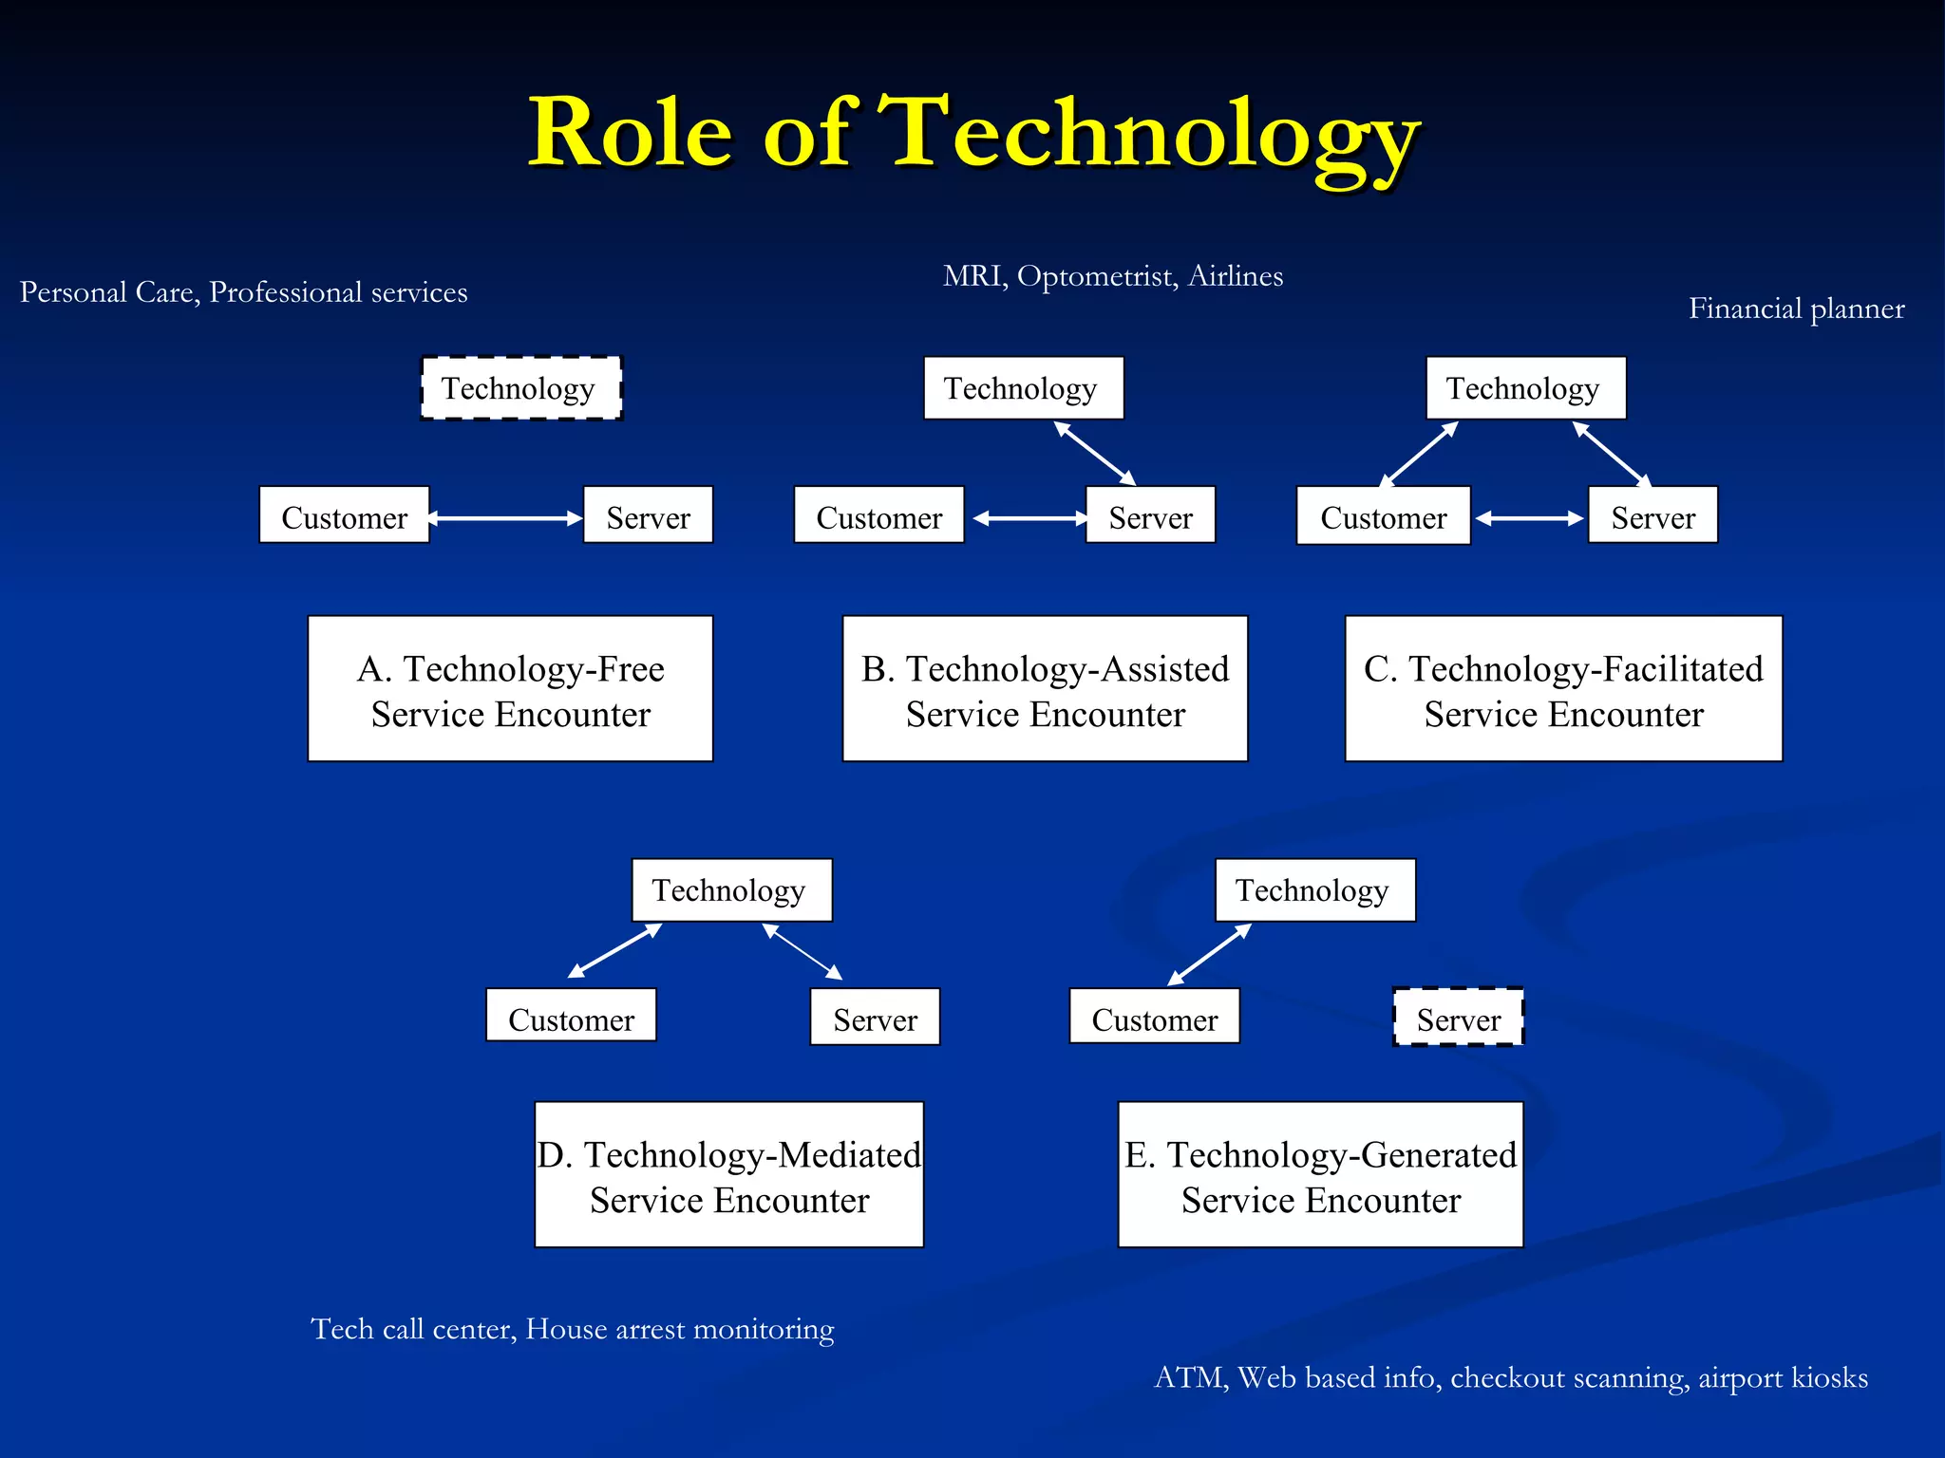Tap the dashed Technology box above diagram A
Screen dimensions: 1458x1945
coord(520,388)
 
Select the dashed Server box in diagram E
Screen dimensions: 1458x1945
coord(1458,1019)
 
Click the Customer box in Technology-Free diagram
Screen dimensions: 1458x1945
coord(344,515)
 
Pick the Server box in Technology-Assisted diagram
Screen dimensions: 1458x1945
coord(1150,515)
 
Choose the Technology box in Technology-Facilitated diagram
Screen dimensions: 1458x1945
coord(1525,388)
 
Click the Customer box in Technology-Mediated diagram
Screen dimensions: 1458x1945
coord(571,1017)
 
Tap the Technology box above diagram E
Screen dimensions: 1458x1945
coord(1314,890)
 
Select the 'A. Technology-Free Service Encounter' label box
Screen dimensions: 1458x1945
coord(510,689)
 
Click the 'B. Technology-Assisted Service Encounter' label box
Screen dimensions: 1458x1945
coord(1045,689)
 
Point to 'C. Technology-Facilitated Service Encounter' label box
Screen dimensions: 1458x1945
coord(1563,689)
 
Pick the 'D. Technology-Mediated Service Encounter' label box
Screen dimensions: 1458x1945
coord(728,1175)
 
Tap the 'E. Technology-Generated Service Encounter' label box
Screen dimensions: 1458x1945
coord(1320,1175)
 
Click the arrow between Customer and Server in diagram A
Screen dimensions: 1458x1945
coord(505,518)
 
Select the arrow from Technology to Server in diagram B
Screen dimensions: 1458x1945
coord(1095,454)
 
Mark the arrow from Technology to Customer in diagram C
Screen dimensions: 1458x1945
coord(1419,454)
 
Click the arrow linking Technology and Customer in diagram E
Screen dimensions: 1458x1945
coord(1209,955)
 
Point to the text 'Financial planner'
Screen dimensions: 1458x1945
coord(1796,309)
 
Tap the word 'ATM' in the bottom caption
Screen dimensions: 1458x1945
coord(1188,1378)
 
